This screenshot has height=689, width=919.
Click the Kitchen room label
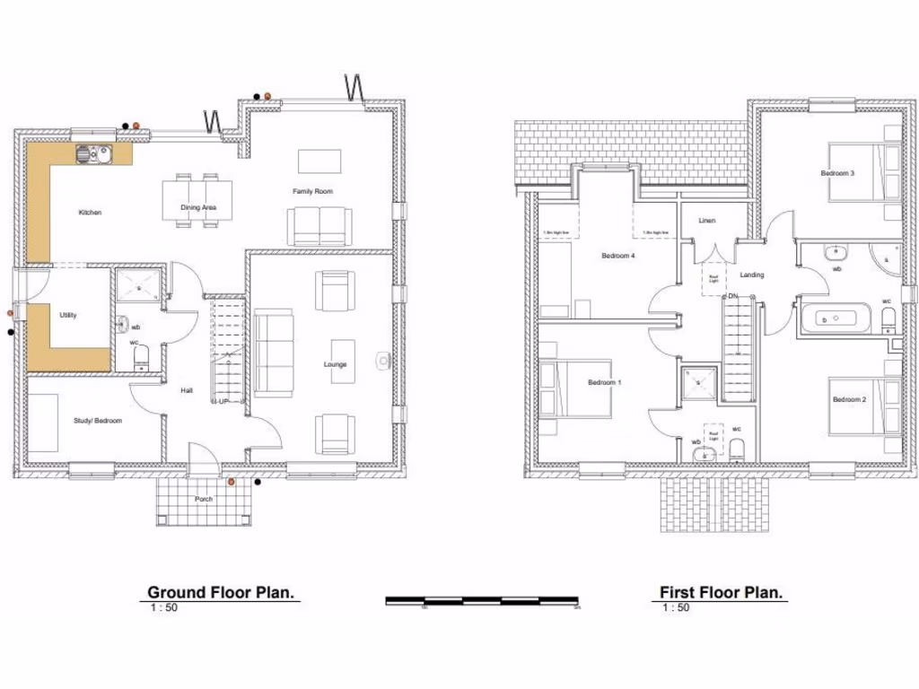[x=90, y=213]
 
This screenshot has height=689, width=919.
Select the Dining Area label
[x=197, y=208]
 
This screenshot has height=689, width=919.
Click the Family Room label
[x=312, y=191]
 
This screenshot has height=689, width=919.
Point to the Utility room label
[x=68, y=315]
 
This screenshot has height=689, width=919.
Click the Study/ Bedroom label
[x=97, y=420]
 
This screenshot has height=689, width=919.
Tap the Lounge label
[x=336, y=364]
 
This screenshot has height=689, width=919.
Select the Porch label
[x=204, y=499]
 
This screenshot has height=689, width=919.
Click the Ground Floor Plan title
[x=223, y=592]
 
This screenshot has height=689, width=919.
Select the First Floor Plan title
[x=722, y=592]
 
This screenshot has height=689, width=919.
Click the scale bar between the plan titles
[x=482, y=600]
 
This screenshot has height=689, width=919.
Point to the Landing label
[x=752, y=275]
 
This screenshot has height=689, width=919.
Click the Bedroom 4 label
[x=617, y=256]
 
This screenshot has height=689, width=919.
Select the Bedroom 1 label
[x=604, y=382]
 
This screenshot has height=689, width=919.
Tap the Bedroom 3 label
[x=836, y=173]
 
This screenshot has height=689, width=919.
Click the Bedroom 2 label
[x=848, y=399]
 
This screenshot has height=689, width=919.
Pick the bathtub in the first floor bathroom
[x=835, y=317]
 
